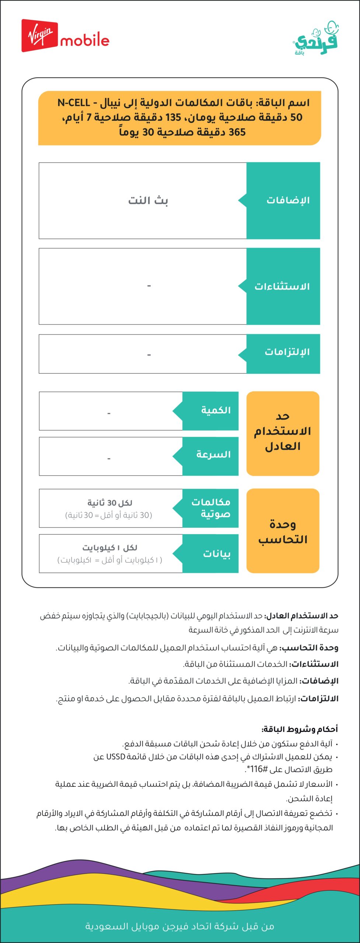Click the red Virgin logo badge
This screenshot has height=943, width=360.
[x=39, y=35]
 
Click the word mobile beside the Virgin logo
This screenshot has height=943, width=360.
[x=85, y=41]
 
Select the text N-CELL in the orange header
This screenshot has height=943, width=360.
[x=74, y=103]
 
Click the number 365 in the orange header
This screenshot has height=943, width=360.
[x=237, y=132]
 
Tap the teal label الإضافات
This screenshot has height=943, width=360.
[x=288, y=201]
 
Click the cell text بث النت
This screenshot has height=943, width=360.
[x=148, y=201]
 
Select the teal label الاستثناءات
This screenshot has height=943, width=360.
[x=282, y=287]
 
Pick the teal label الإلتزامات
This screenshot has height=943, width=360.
[x=287, y=352]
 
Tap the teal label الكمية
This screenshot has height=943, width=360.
[x=216, y=410]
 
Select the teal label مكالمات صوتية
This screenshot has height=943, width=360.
[x=211, y=508]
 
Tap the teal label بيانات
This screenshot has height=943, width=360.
[x=217, y=554]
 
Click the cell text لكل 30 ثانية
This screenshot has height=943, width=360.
[x=110, y=503]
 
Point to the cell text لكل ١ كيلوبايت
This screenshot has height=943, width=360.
[x=110, y=548]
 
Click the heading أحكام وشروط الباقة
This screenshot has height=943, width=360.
[x=300, y=729]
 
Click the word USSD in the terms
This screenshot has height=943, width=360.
[x=116, y=757]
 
